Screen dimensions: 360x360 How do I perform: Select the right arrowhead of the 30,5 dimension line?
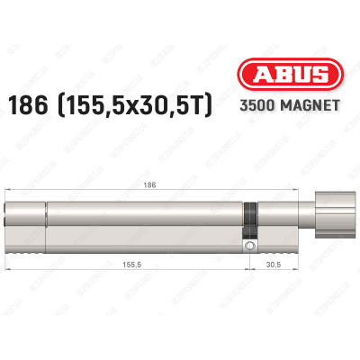tap(304, 257)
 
